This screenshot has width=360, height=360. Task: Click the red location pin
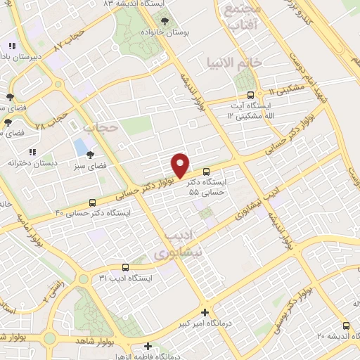[x=181, y=165]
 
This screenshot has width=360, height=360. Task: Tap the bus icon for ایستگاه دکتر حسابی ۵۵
[x=206, y=172]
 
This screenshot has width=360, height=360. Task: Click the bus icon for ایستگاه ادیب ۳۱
[x=125, y=267]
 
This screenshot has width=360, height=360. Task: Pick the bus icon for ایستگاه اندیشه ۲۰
[x=345, y=326]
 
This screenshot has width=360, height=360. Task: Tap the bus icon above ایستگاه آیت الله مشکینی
[x=251, y=96]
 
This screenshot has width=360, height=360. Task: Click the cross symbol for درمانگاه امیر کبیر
[x=205, y=312]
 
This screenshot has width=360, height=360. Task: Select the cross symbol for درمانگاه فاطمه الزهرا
[x=148, y=346]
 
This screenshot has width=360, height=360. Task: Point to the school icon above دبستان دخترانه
[x=32, y=151]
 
